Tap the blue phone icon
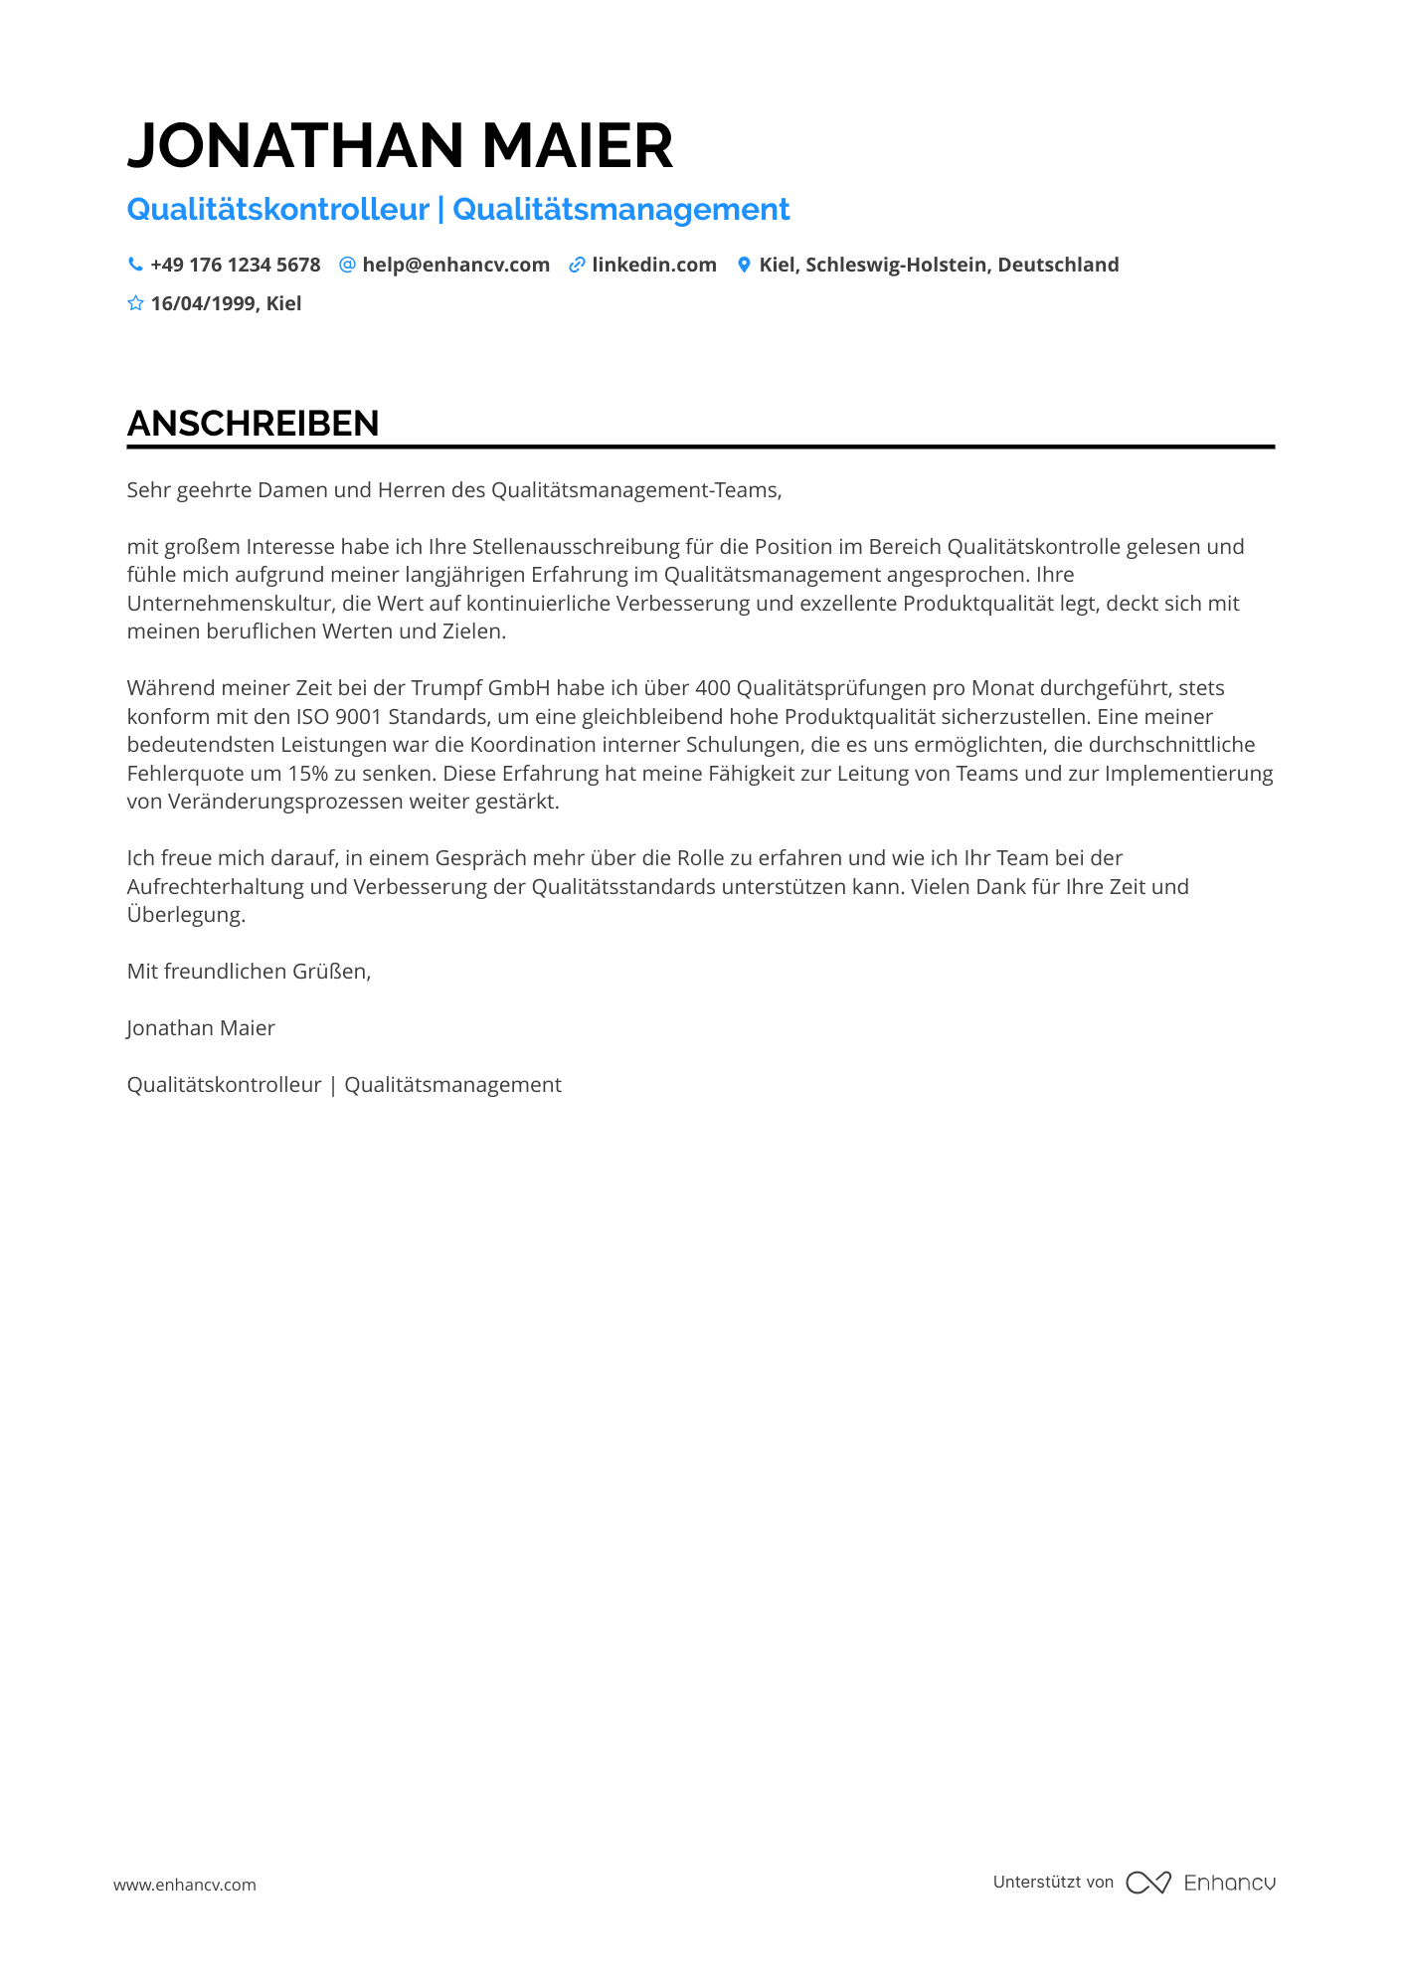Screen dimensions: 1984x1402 tap(135, 265)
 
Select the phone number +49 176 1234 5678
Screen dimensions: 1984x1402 tap(236, 265)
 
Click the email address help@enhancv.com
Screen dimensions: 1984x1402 tap(455, 265)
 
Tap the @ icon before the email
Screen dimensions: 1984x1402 tap(347, 265)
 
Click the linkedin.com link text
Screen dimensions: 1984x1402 tap(654, 265)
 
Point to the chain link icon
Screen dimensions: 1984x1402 tap(577, 265)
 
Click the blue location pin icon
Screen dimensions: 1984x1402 tap(744, 265)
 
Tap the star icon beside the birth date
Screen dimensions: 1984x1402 tap(135, 303)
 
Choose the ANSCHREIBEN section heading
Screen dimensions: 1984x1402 tap(253, 424)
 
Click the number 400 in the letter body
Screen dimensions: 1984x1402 tap(713, 688)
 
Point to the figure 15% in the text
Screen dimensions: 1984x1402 tap(308, 774)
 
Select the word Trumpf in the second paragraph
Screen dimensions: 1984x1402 tap(445, 688)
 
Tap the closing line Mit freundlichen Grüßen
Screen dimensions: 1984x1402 tap(249, 972)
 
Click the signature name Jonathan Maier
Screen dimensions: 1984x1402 tap(201, 1028)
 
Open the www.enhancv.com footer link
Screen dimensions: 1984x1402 tap(185, 1885)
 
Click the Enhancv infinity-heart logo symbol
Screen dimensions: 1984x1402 tap(1147, 1883)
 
